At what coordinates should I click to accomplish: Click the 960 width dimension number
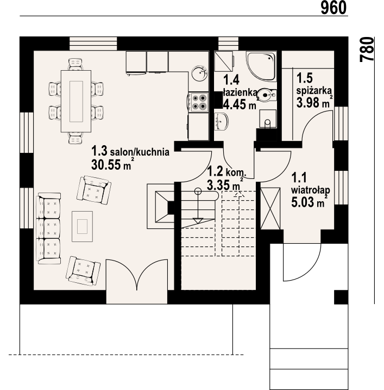coord(333,8)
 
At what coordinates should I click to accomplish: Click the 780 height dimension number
coord(367,49)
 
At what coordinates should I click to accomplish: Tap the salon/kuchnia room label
coord(140,152)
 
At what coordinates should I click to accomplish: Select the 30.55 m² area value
coord(111,164)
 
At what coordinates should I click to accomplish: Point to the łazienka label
coord(240,92)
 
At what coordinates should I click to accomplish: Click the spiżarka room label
coord(314,90)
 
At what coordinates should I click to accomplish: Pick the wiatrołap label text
coord(311,190)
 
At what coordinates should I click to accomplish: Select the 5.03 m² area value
coord(309,202)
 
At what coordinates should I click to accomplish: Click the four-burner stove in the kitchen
coord(198,102)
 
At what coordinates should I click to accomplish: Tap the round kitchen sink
coord(199,73)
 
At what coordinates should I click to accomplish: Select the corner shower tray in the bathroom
coord(261,66)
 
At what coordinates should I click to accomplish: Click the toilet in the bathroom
coord(266,95)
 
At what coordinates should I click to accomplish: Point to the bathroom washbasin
coord(221,121)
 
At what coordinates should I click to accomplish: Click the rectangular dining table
coord(76,101)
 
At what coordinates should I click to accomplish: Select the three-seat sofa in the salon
coord(48,228)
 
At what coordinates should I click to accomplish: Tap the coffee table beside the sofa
coord(82,226)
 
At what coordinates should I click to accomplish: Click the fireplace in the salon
coord(161,206)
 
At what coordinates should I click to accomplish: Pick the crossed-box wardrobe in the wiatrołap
coord(270,208)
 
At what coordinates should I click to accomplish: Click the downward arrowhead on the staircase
coord(198,221)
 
